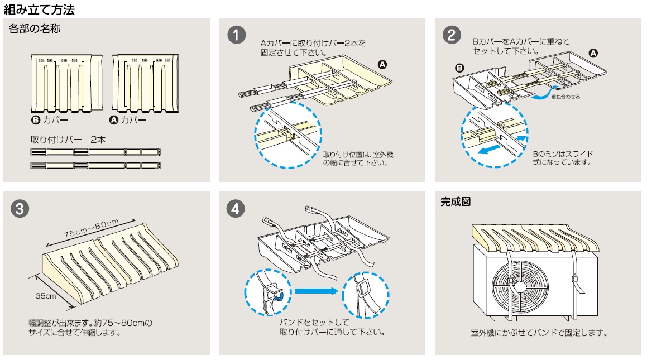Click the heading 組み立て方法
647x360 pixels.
[39, 9]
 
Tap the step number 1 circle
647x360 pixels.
[236, 35]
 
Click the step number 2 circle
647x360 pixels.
[452, 35]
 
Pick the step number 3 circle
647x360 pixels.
[20, 209]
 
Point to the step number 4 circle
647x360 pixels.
[236, 209]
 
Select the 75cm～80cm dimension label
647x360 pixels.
[92, 229]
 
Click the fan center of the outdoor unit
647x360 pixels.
[519, 285]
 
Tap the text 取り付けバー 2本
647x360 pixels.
[68, 139]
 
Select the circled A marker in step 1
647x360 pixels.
[382, 64]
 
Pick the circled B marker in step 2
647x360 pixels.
[459, 68]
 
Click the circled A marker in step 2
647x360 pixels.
[593, 53]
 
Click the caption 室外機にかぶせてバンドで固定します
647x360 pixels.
[539, 333]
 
